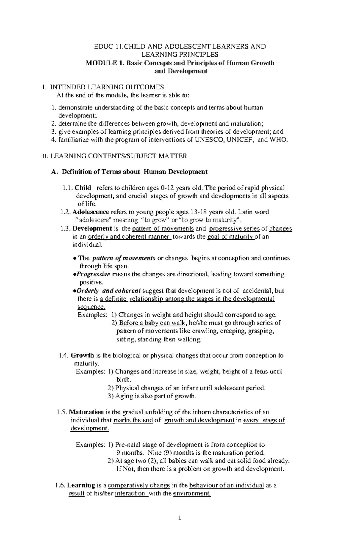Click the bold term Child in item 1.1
click(83, 188)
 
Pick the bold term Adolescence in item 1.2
click(91, 212)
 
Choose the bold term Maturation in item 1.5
click(87, 412)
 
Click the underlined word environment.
click(192, 493)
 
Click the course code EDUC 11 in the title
click(105, 46)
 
